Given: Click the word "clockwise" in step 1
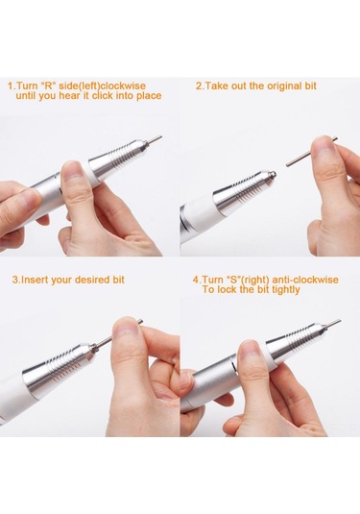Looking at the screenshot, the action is coord(123,86).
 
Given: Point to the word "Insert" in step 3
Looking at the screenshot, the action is coord(34,280).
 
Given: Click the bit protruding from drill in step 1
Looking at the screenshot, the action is coord(154,138).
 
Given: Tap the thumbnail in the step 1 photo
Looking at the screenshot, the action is coord(73,171).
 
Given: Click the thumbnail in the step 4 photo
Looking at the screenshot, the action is coord(250,351).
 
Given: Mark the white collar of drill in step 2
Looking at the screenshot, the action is coord(199,214).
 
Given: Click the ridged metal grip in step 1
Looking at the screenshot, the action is coord(116,157).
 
